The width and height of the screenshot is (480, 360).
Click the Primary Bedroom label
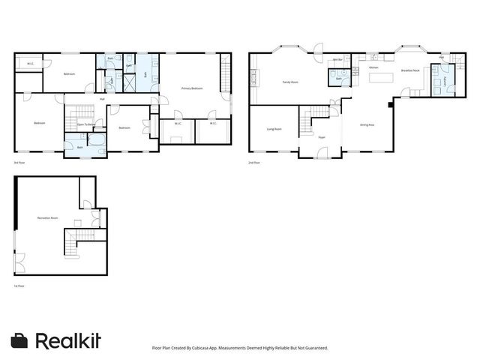click(192, 88)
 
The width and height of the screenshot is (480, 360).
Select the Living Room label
click(274, 129)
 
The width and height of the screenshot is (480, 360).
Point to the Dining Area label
click(367, 124)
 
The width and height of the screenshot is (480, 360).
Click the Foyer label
click(321, 138)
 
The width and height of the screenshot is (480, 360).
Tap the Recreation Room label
click(48, 217)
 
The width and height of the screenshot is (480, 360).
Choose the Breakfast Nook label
click(409, 70)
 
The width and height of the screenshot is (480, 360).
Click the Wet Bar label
click(337, 59)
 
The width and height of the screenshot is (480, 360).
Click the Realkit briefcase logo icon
click(21, 340)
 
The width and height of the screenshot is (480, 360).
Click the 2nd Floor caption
click(255, 162)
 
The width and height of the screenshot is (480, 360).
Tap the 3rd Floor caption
click(19, 162)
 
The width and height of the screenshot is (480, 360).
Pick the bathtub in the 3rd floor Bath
click(97, 139)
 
